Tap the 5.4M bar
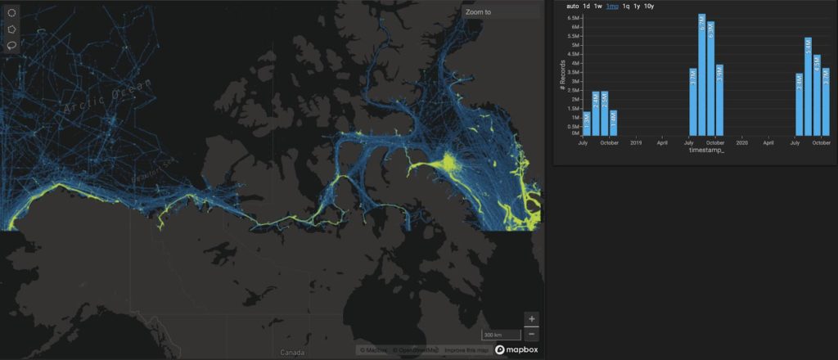tap(808, 86)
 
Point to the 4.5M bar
tap(817, 94)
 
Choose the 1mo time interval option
tap(612, 7)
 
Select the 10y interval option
tap(648, 7)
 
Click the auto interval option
tap(572, 7)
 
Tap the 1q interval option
tap(626, 7)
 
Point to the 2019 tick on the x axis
tap(636, 143)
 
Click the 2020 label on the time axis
tap(742, 143)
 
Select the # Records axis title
tap(563, 75)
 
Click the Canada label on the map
tap(292, 352)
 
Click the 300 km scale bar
tap(501, 335)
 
